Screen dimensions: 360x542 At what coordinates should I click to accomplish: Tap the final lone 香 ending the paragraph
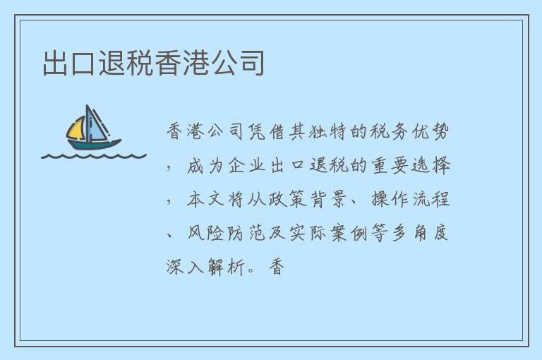coord(276,268)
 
